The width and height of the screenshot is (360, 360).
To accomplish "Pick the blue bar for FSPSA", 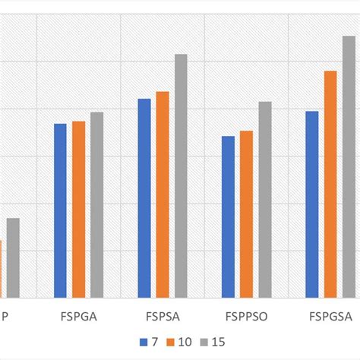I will point(144,198).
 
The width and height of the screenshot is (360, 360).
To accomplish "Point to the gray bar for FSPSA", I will point(181,176).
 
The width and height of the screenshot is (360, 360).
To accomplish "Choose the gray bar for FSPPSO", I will point(264,200).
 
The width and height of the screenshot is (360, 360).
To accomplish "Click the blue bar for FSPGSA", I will point(311,204).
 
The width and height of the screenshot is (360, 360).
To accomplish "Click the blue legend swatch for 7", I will point(143,341).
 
